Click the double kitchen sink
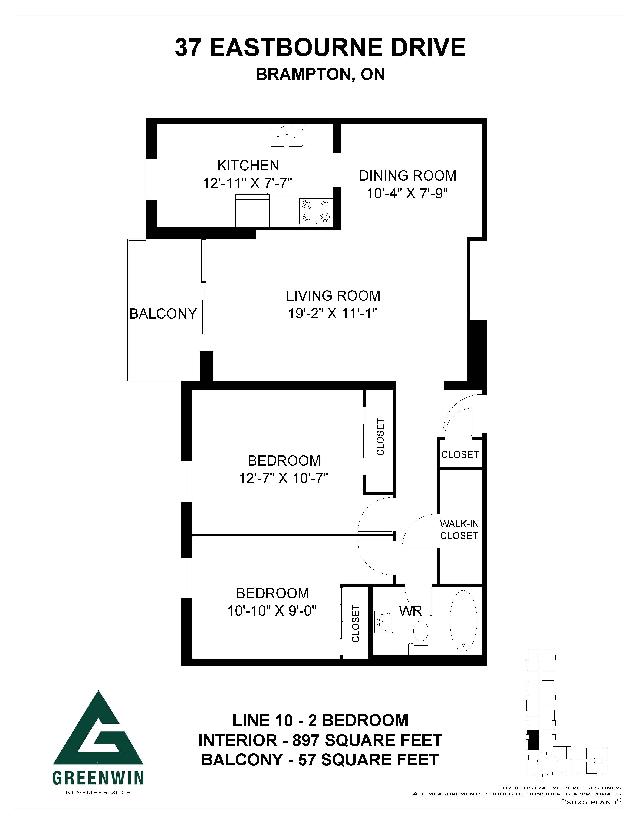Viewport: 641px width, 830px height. click(287, 138)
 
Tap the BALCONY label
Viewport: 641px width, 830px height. click(163, 314)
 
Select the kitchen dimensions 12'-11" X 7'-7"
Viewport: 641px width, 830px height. click(248, 183)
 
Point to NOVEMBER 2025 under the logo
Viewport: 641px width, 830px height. click(98, 792)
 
